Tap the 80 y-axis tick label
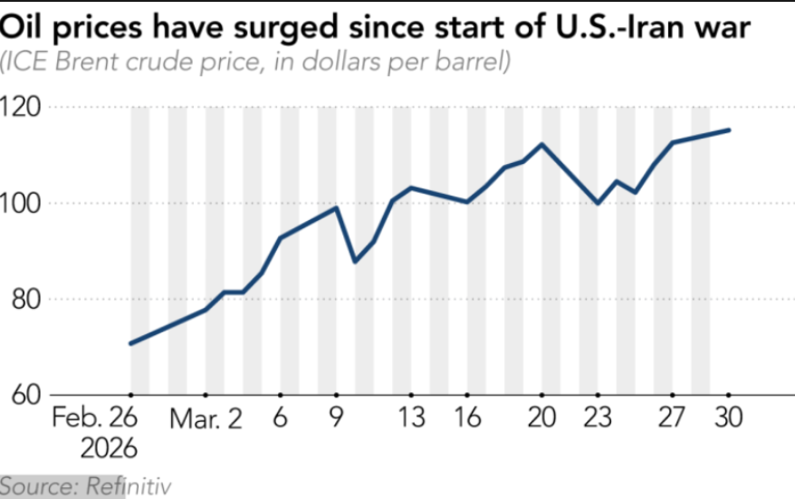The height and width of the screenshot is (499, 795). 24,300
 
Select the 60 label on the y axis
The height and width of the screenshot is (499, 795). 24,396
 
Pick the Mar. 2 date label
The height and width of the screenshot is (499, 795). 207,419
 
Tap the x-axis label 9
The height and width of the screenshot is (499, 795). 337,419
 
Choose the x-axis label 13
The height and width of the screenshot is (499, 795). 410,419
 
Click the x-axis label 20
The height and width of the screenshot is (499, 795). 541,419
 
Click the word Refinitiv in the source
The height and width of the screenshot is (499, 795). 128,486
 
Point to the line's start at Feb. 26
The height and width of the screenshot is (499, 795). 131,343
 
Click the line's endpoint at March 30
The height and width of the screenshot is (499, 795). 729,130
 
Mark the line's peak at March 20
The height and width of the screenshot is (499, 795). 541,144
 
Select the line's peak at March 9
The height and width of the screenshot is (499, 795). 337,207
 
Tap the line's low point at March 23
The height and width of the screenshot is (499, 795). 598,203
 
